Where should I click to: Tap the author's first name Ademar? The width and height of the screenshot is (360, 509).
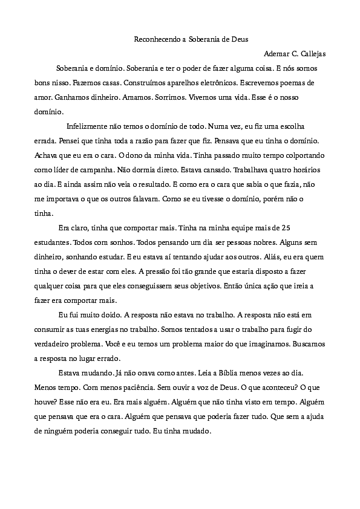point(277,54)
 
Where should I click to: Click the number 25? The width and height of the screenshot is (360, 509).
point(287,228)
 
